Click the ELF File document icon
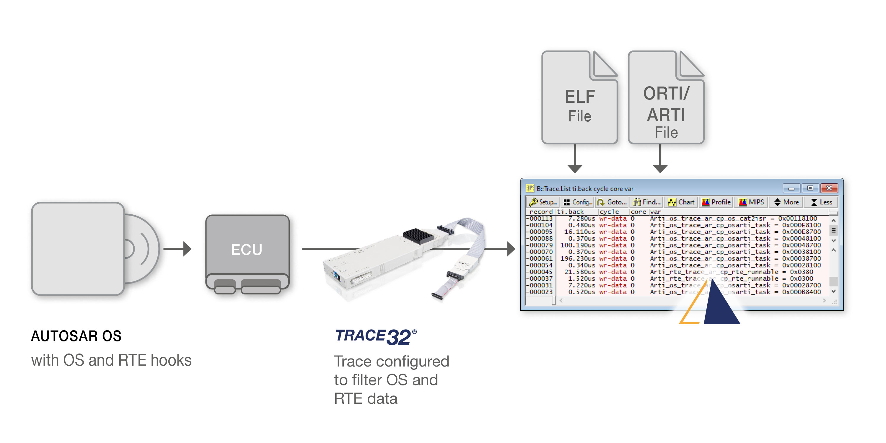pyautogui.click(x=579, y=98)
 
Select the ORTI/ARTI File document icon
pyautogui.click(x=666, y=98)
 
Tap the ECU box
pyautogui.click(x=247, y=249)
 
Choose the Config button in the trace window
pyautogui.click(x=578, y=202)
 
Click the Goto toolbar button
pyautogui.click(x=612, y=202)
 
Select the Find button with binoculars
pyautogui.click(x=647, y=202)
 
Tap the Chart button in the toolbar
pyautogui.click(x=681, y=202)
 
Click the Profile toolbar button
pyautogui.click(x=716, y=202)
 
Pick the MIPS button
pyautogui.click(x=752, y=202)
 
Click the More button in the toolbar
pyautogui.click(x=786, y=202)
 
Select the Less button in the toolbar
pyautogui.click(x=821, y=202)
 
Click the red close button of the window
pyautogui.click(x=829, y=188)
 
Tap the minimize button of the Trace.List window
pyautogui.click(x=791, y=188)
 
